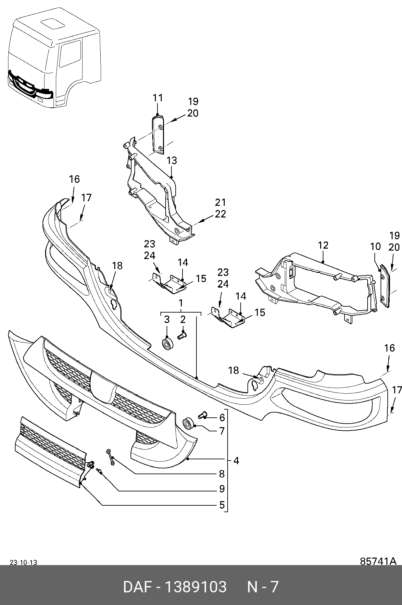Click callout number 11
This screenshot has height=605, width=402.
tap(158, 98)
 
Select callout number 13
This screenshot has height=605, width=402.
tap(172, 161)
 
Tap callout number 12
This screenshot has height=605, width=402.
tap(323, 245)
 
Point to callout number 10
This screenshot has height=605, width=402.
tap(375, 246)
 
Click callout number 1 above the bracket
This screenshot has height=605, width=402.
tap(181, 303)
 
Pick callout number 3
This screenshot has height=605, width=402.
tap(167, 319)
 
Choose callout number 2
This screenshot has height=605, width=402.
tap(183, 319)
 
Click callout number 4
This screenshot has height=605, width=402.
tap(236, 460)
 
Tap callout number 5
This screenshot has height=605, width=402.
tap(222, 505)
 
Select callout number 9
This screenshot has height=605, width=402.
tap(222, 488)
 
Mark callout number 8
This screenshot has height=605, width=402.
tap(222, 474)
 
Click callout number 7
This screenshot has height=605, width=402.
tap(222, 431)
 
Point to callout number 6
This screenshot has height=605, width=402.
tap(222, 417)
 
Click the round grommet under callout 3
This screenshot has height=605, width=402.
tap(168, 345)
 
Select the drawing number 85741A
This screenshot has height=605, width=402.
tap(378, 561)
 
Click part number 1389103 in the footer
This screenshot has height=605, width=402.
tap(196, 587)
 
